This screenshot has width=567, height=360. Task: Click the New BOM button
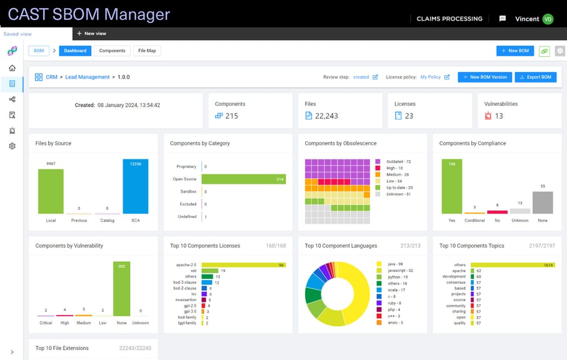coord(515,51)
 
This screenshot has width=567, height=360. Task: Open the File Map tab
coord(147,51)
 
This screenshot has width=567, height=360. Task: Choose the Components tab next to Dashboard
coord(112,51)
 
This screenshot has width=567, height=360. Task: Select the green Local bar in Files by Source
coord(51,191)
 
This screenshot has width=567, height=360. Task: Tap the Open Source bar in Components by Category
coord(243,179)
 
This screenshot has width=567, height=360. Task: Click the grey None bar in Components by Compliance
coord(543,202)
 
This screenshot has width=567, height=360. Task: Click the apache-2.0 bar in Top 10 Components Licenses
coord(243,265)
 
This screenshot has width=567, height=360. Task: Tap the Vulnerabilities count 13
coord(498,116)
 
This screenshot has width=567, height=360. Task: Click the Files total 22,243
coord(328,116)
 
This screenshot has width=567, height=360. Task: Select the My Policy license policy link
coord(431,77)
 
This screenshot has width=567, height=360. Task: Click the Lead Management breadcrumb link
coord(87,77)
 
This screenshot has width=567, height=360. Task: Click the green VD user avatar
coord(548,19)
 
